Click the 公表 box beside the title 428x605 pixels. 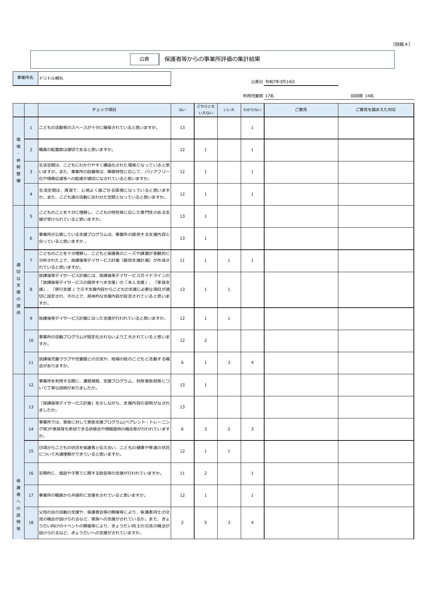[x=144, y=59]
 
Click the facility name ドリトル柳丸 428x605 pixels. [x=51, y=78]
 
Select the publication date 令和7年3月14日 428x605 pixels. [x=280, y=82]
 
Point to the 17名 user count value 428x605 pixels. [x=269, y=96]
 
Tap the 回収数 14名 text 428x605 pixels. [x=362, y=96]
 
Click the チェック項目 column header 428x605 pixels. [x=104, y=110]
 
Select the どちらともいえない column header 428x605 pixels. [x=206, y=110]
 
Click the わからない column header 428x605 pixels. [x=252, y=110]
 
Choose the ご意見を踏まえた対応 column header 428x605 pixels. [x=376, y=110]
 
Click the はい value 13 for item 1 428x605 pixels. [x=182, y=128]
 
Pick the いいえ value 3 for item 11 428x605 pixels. [x=229, y=363]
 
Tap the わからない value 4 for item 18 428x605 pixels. [x=252, y=523]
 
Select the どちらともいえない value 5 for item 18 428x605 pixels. [x=206, y=523]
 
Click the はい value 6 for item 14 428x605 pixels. [x=182, y=429]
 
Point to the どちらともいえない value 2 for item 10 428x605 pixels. [x=206, y=340]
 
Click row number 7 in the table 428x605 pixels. [x=31, y=260]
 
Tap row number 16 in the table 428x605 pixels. [x=31, y=473]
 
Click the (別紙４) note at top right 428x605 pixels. [x=401, y=44]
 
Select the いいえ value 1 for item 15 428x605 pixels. [x=229, y=451]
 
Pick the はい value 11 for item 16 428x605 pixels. [x=182, y=473]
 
